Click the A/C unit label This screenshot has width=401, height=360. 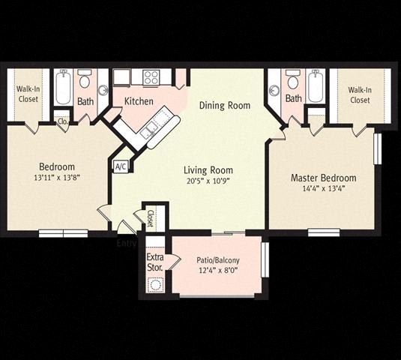pyautogui.click(x=121, y=166)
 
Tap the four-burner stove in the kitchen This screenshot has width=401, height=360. pyautogui.click(x=151, y=77)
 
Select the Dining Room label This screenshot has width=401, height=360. pyautogui.click(x=225, y=106)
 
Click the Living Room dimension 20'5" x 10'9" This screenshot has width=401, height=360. pyautogui.click(x=208, y=181)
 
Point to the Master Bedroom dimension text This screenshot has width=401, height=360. pyautogui.click(x=324, y=189)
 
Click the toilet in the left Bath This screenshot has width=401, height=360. pyautogui.click(x=84, y=79)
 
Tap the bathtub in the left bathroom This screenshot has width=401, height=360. pyautogui.click(x=63, y=86)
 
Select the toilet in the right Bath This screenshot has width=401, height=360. pyautogui.click(x=293, y=79)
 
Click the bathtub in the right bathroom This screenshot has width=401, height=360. pyautogui.click(x=316, y=86)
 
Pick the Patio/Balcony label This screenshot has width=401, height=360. pyautogui.click(x=218, y=260)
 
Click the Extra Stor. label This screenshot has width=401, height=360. pyautogui.click(x=155, y=262)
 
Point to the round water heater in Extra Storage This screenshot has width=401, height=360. pyautogui.click(x=156, y=285)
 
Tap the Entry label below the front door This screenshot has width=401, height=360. pyautogui.click(x=127, y=243)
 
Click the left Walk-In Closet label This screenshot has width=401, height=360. pyautogui.click(x=28, y=94)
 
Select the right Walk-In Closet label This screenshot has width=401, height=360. pyautogui.click(x=360, y=95)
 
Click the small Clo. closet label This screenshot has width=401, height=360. pyautogui.click(x=63, y=121)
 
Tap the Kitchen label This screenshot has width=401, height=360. pyautogui.click(x=139, y=101)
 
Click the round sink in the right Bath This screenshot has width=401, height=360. pyautogui.click(x=274, y=91)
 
